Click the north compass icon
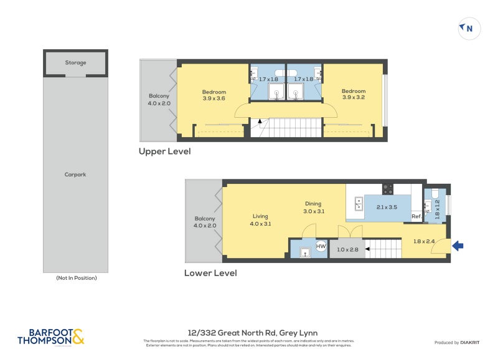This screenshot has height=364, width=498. pos(468,28)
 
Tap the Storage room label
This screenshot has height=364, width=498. pos(75,63)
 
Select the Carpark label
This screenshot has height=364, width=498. pos(75,175)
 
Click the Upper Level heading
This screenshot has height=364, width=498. pos(164,151)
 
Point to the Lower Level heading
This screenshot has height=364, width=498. pos(210,273)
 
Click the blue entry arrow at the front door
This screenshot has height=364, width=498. pos(458,247)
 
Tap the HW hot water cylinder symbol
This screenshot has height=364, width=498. pos(321,247)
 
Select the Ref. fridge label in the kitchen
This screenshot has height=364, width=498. pos(416,216)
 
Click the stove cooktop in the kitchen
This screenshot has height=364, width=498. pos(388,188)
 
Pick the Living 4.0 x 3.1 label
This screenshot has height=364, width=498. pos(259,219)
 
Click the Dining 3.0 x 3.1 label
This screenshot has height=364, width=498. pos(313,208)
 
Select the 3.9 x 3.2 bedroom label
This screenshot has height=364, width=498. pos(354,95)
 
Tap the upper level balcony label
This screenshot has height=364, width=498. pos(159,99)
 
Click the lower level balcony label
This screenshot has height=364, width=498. pos(205,222)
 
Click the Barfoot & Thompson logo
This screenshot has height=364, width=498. pos(50,337)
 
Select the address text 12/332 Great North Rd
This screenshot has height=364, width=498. pos(252,333)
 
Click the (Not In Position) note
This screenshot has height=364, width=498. pos(76,278)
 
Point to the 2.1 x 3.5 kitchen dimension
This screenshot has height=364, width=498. pos(387,207)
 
